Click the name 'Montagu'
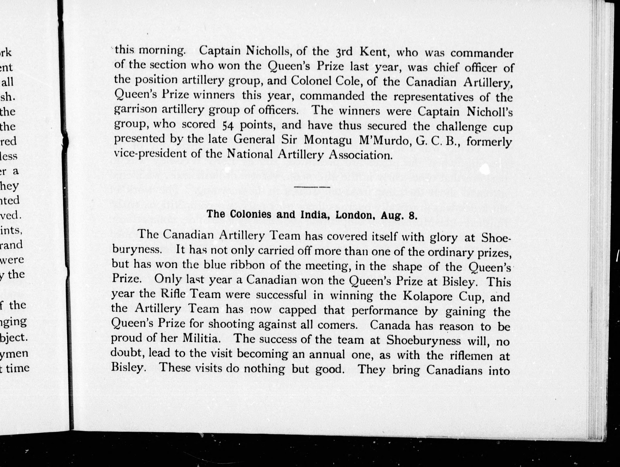coord(328,140)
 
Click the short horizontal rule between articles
coord(312,186)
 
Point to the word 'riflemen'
coord(471,356)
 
